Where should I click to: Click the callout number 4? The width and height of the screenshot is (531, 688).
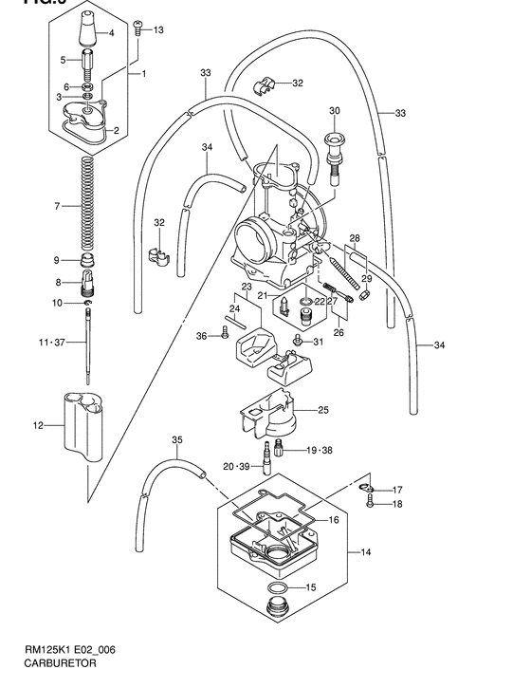pos(111,33)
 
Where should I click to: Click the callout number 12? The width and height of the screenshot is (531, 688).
pos(39,426)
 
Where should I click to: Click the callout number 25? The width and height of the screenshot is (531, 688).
pos(323,410)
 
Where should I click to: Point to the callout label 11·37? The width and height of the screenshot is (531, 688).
pos(49,342)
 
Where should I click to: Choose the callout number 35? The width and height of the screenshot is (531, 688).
pos(176,439)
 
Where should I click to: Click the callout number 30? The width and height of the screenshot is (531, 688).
pos(334,111)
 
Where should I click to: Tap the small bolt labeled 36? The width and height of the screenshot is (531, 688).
pos(227,333)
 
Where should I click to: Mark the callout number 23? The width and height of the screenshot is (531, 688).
pos(247,287)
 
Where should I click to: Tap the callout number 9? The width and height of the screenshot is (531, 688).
pos(57,260)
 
